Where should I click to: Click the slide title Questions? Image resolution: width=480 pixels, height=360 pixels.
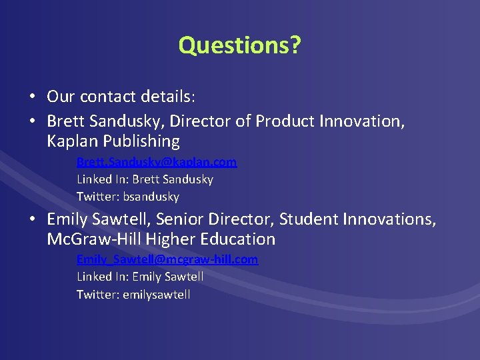pos(239,45)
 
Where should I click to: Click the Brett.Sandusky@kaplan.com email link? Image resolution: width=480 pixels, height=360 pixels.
pos(157,162)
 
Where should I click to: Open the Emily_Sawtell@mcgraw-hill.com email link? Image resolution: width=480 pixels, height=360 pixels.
pos(167,259)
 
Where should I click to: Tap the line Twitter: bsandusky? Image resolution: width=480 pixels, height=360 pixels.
pos(128,197)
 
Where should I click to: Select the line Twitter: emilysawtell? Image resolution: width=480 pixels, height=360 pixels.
pos(133,294)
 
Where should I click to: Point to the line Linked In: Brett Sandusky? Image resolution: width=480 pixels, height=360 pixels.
pos(145,179)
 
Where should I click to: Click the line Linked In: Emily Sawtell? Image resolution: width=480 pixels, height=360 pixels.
pos(140,277)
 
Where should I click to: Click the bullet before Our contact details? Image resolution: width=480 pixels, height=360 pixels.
pos(32,97)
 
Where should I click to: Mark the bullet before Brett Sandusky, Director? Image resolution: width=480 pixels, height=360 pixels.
pos(32,122)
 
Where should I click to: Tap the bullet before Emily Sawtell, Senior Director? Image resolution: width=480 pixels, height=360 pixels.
pos(32,219)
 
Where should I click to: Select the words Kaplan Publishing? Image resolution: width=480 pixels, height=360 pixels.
pos(113,141)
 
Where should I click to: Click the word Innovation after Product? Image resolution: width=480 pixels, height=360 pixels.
pos(359,122)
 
